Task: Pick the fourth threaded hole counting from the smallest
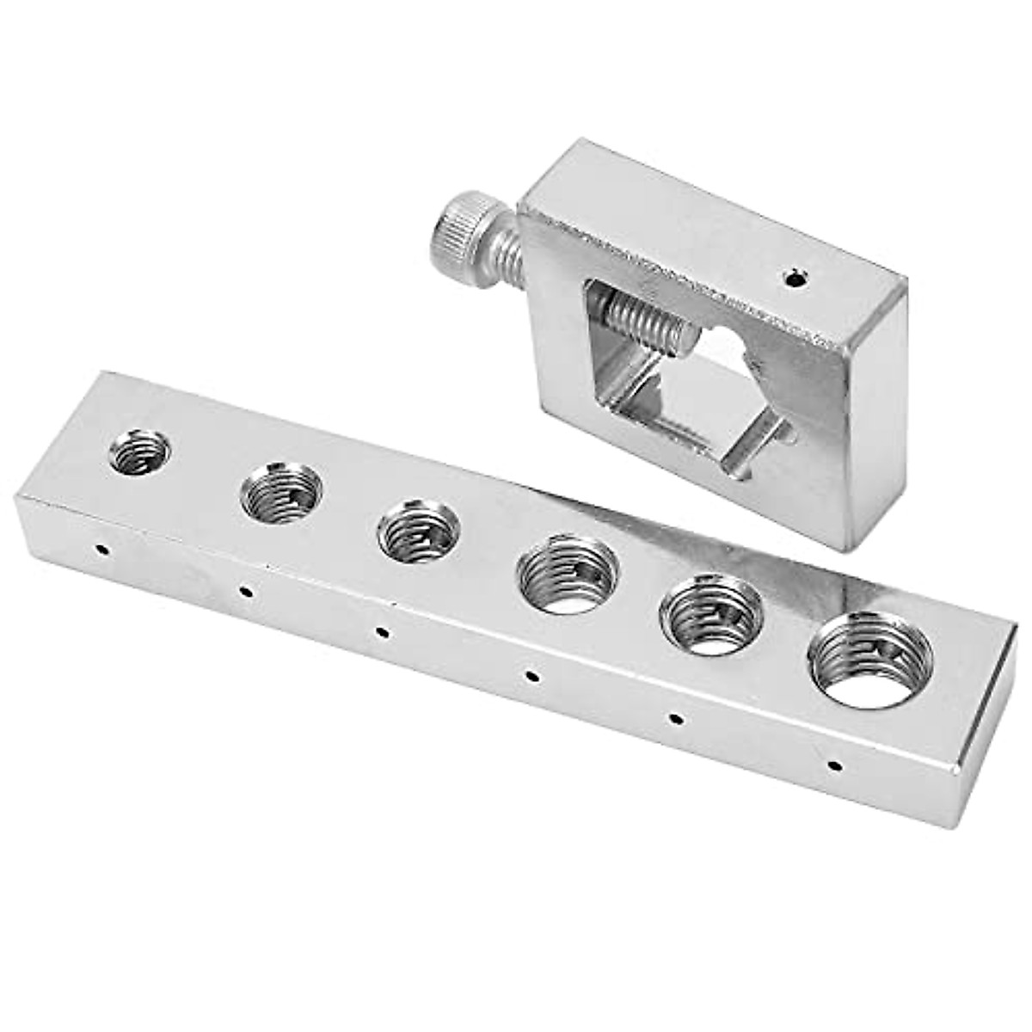pos(569,574)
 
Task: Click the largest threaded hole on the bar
pos(871,660)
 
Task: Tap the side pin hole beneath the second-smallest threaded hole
pos(245,591)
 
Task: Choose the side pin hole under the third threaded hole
pos(382,633)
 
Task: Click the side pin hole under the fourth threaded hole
pos(533,676)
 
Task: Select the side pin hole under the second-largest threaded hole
pos(676,717)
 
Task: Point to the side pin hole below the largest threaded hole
pos(832,763)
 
